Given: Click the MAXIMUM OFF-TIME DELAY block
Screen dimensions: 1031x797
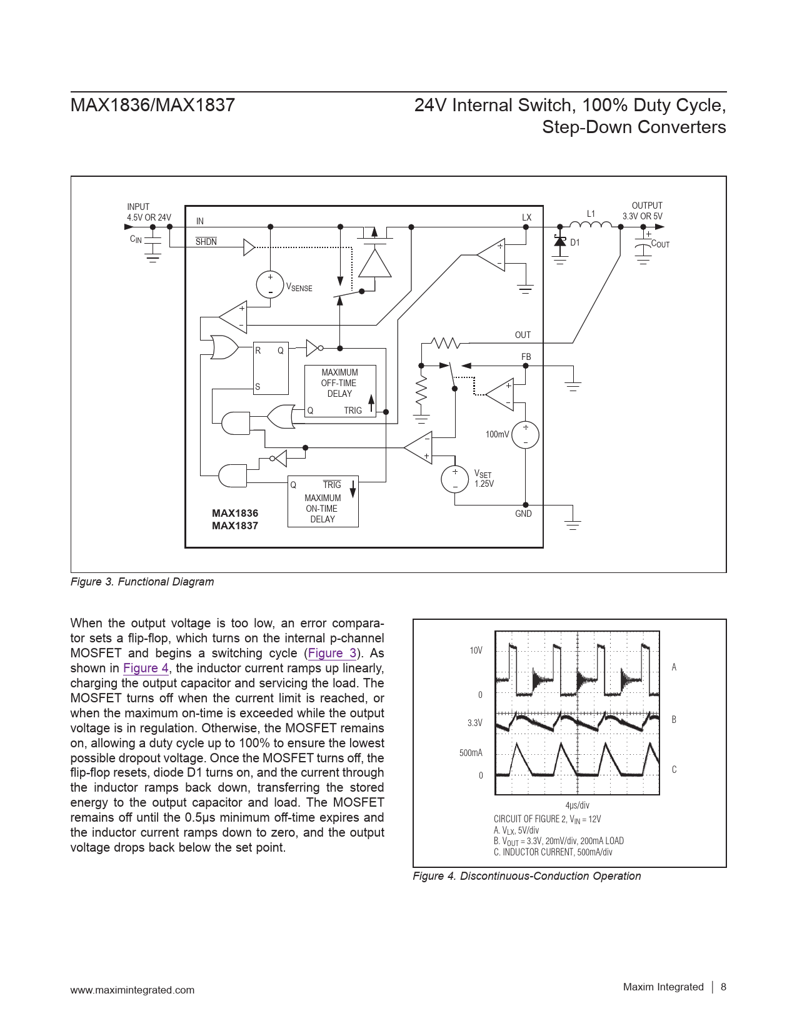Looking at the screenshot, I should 340,383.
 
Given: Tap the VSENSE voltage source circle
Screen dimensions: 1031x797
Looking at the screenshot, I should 270,284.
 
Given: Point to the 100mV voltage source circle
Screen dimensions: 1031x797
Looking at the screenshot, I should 525,435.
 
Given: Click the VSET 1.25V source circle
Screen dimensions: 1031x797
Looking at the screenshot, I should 455,479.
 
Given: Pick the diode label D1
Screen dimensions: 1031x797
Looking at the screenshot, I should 575,242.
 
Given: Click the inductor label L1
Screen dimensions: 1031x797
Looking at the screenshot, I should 591,214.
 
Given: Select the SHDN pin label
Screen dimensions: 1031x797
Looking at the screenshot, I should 206,242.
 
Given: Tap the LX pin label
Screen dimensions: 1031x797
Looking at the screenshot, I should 526,217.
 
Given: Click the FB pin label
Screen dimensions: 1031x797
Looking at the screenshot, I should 526,357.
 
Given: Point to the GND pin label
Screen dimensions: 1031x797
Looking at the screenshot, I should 523,514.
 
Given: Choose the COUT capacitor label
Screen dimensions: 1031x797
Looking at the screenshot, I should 660,244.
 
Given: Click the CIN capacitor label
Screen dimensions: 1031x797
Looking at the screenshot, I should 136,239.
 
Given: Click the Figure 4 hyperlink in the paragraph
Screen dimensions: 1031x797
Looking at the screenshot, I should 146,668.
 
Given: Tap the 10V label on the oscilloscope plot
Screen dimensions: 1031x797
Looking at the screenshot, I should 476,650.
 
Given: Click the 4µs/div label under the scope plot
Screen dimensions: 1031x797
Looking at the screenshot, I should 577,805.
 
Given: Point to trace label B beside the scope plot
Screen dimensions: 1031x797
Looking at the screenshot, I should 674,719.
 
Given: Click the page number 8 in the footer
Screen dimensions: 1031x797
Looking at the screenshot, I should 724,987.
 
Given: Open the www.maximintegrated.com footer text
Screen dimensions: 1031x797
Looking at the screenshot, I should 133,990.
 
